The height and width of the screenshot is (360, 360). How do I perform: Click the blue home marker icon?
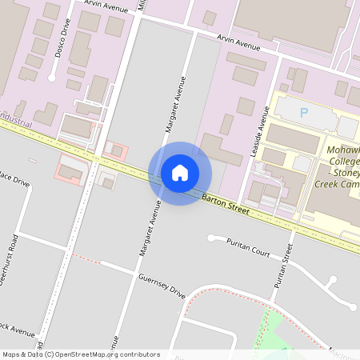[179, 173]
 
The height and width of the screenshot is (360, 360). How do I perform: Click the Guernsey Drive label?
[162, 286]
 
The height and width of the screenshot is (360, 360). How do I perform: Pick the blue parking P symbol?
[303, 113]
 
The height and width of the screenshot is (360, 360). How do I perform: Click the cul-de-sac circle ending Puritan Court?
[212, 238]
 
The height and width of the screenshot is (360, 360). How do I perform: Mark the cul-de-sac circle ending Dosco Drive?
[52, 78]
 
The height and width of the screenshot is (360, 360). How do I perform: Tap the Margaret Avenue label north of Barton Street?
[175, 104]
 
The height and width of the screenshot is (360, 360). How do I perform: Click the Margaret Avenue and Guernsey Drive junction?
[130, 269]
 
